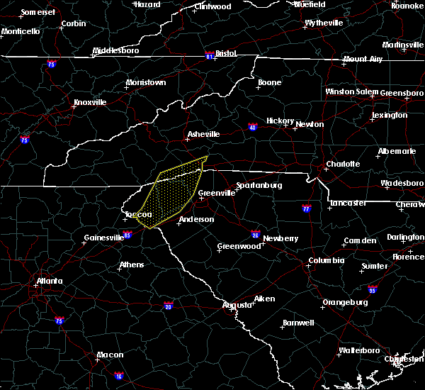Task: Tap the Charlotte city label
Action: pos(343,164)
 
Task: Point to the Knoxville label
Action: pos(89,102)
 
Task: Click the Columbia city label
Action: pos(326,260)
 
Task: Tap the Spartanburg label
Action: pos(259,185)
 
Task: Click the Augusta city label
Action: pos(237,305)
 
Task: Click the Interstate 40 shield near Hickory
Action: pos(253,128)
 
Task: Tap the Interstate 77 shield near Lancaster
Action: pos(306,210)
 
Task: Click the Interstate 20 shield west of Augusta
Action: pos(168,306)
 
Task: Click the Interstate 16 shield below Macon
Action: pos(118,377)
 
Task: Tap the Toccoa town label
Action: pos(138,215)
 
